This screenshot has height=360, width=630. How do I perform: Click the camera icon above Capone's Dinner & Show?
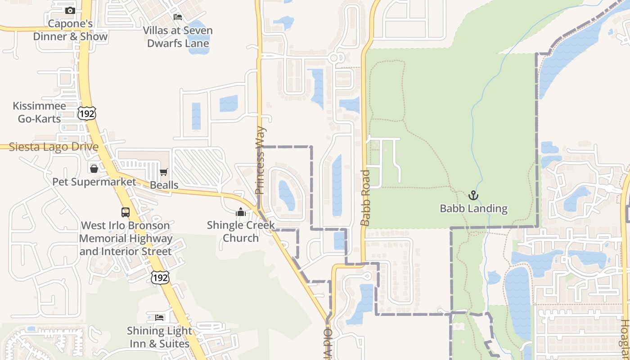click(x=70, y=10)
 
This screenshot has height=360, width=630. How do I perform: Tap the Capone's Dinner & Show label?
click(x=70, y=30)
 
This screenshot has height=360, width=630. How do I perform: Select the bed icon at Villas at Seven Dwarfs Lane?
click(x=178, y=17)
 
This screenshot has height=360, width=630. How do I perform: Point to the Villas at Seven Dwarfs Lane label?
click(x=178, y=37)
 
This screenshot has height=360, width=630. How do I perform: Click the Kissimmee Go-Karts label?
click(x=39, y=112)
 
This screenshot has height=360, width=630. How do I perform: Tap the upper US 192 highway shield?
click(x=86, y=114)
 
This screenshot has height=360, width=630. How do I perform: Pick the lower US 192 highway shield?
click(x=160, y=278)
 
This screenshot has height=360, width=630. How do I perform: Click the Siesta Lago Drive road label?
click(x=54, y=147)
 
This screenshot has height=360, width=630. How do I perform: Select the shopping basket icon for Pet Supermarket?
click(x=94, y=169)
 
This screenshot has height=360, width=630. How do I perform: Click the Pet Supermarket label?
click(x=94, y=182)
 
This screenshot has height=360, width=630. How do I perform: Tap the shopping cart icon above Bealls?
click(x=164, y=172)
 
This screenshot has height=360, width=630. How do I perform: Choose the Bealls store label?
click(x=164, y=185)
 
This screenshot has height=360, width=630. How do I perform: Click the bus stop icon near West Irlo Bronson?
click(x=126, y=212)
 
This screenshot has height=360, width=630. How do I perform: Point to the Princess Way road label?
click(x=261, y=161)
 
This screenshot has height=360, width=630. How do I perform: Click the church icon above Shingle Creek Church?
click(x=241, y=211)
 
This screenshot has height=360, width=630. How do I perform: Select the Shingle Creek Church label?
click(x=241, y=231)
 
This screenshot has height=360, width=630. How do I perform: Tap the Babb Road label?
click(x=365, y=198)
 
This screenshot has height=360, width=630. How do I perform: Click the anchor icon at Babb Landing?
click(x=473, y=195)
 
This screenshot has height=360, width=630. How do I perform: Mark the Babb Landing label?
click(x=473, y=208)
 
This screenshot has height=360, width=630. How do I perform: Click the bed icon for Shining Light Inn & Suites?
click(x=159, y=318)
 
